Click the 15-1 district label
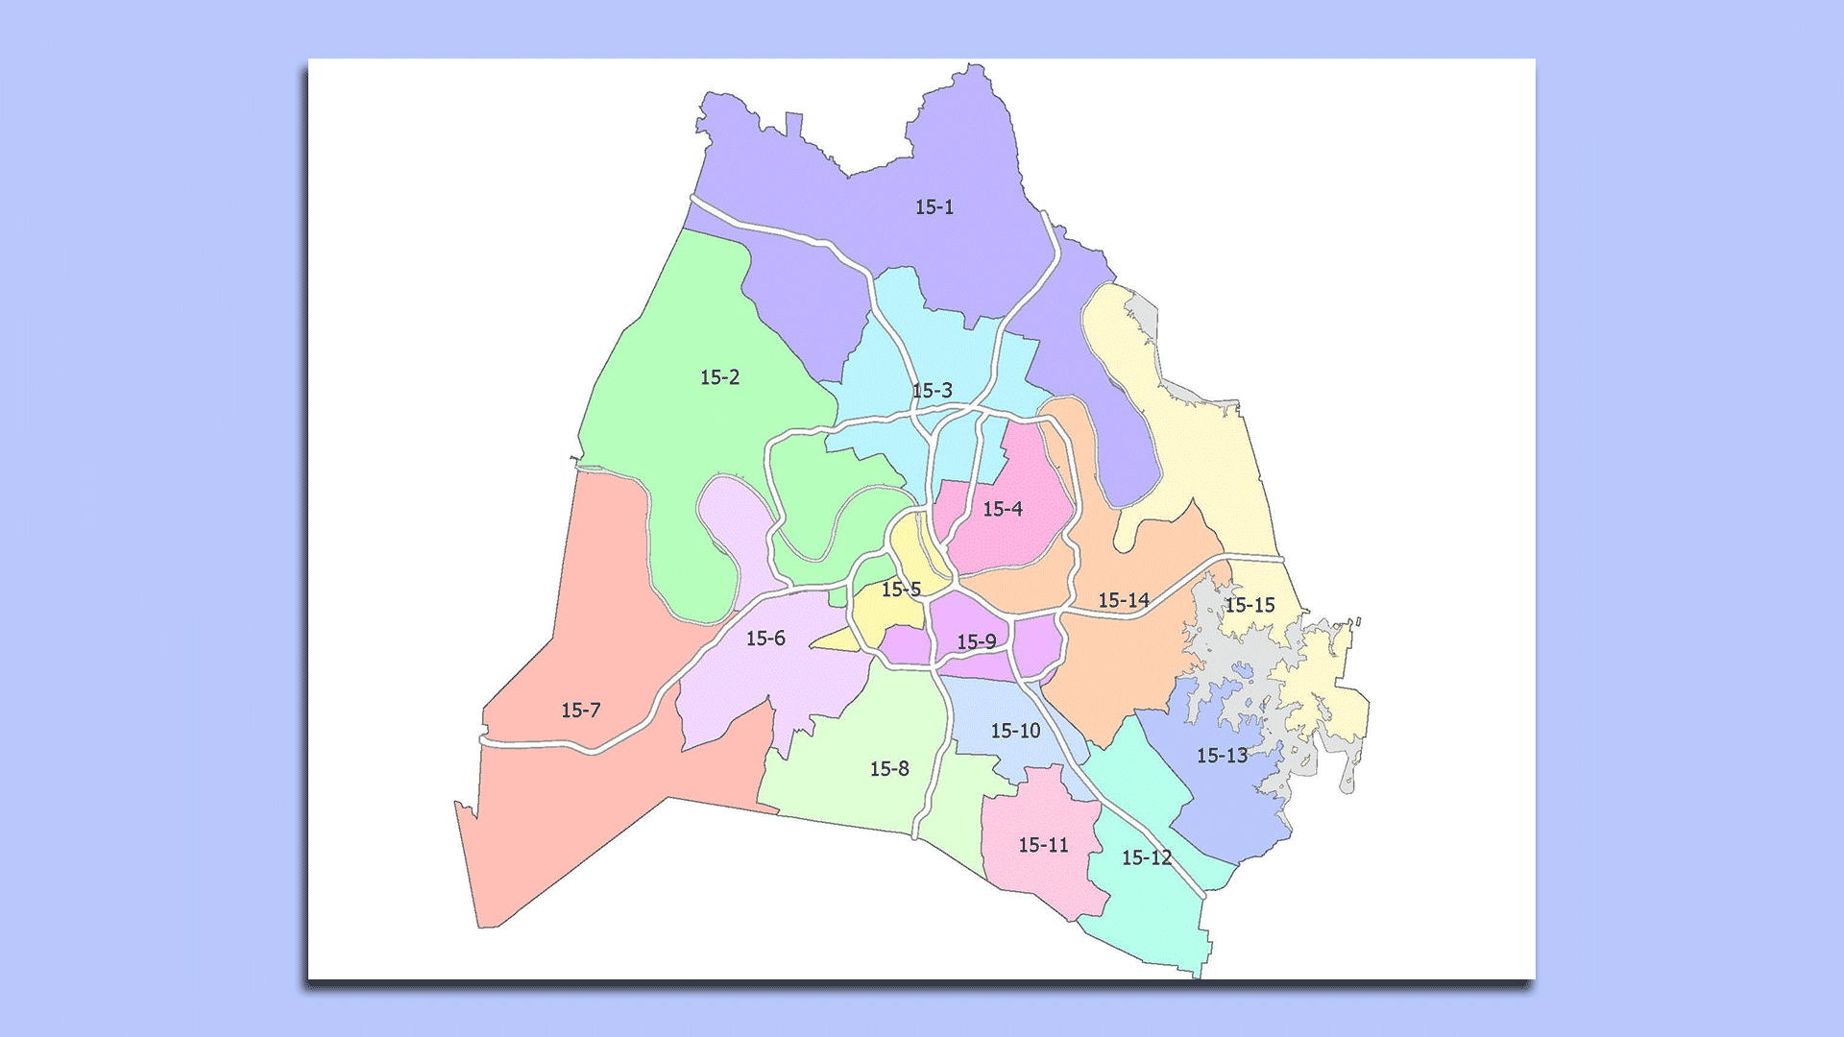tap(934, 207)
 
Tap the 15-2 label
tap(719, 377)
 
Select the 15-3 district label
tap(932, 391)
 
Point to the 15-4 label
tap(1002, 509)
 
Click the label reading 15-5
tap(901, 590)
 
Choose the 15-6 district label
tap(765, 639)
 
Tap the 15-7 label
tap(580, 711)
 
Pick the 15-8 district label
tap(888, 769)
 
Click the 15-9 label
tap(976, 641)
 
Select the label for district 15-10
tap(1015, 732)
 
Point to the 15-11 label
tap(1043, 845)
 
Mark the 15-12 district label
tap(1146, 857)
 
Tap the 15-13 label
tap(1222, 756)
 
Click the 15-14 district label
tap(1123, 600)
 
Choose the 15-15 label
tap(1250, 605)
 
